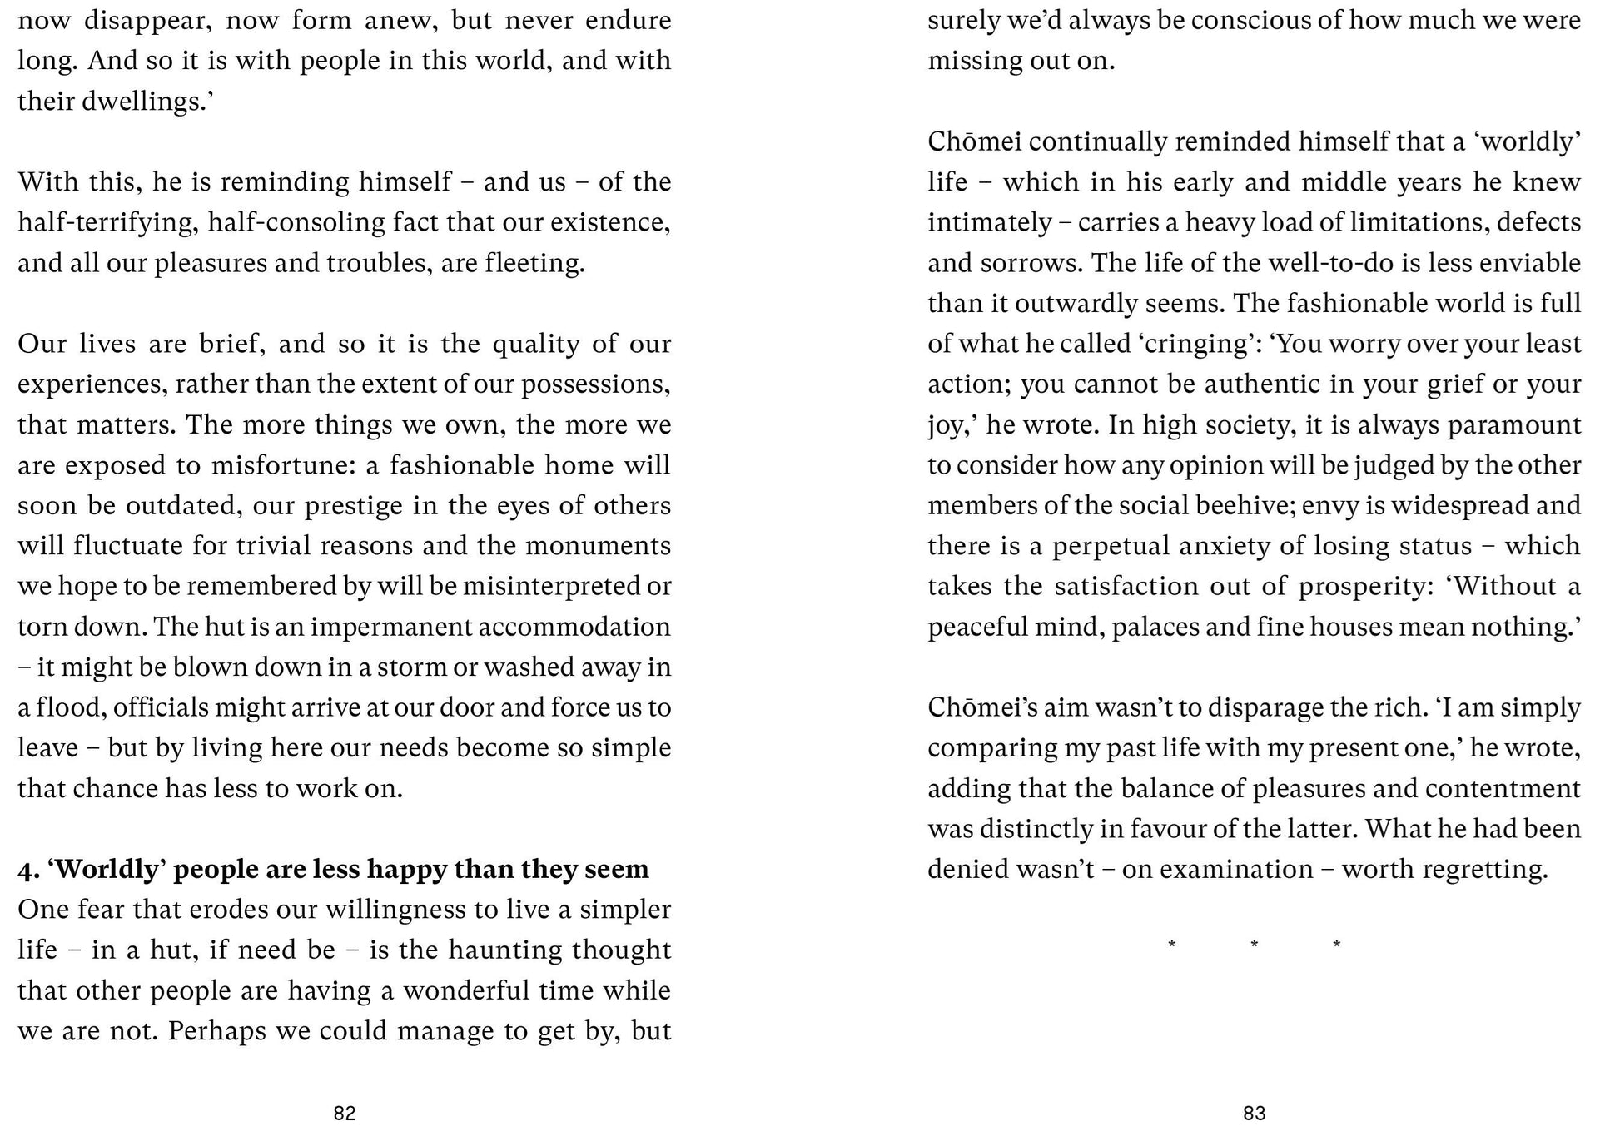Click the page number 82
345,1114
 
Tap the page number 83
1254,1114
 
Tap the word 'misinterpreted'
553,587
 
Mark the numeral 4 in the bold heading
26,870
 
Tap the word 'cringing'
1196,344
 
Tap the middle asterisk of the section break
1254,944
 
